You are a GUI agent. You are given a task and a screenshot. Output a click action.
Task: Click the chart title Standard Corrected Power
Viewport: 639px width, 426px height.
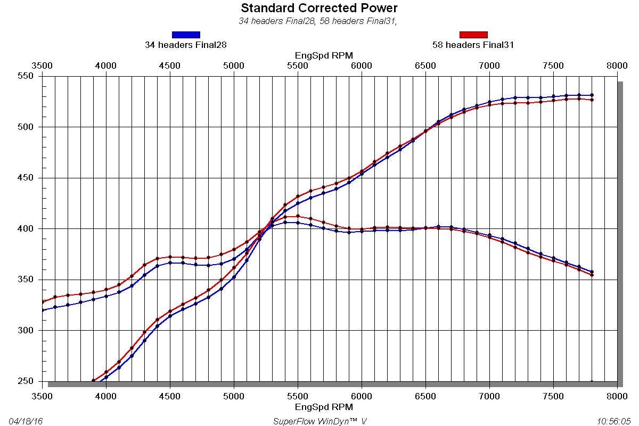pyautogui.click(x=319, y=8)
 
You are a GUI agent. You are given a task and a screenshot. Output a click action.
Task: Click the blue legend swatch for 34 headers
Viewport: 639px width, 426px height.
pyautogui.click(x=186, y=35)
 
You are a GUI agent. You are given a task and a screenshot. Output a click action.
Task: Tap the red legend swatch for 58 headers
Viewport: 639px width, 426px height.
pyautogui.click(x=473, y=35)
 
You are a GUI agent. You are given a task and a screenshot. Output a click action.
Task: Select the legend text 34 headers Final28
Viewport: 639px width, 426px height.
pyautogui.click(x=186, y=45)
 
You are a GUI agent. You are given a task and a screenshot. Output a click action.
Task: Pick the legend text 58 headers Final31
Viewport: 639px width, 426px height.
pyautogui.click(x=473, y=45)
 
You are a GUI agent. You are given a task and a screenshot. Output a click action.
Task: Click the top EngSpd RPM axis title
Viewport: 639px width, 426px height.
pyautogui.click(x=324, y=55)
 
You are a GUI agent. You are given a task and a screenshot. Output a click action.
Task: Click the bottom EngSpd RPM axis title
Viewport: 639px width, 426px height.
pyautogui.click(x=324, y=407)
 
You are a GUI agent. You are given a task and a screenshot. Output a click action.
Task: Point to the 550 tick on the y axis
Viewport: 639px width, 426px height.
pyautogui.click(x=27, y=76)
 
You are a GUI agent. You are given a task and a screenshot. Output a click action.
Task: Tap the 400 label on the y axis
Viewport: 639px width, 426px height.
pyautogui.click(x=27, y=229)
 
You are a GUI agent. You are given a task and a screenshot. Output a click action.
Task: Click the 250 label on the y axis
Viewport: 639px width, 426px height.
pyautogui.click(x=27, y=381)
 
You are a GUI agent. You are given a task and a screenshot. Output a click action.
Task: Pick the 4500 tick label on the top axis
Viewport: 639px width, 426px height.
pyautogui.click(x=170, y=65)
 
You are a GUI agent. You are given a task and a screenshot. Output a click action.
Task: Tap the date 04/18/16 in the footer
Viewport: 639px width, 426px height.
pyautogui.click(x=26, y=421)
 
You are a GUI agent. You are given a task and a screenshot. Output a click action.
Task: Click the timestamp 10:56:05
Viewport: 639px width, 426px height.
pyautogui.click(x=614, y=421)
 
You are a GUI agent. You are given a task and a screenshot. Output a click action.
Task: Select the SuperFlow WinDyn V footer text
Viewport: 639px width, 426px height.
pyautogui.click(x=319, y=421)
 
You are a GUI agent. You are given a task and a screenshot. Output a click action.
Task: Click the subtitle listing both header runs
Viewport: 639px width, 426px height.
pyautogui.click(x=319, y=21)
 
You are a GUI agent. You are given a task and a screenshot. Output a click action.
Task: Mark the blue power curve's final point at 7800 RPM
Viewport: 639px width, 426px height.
pyautogui.click(x=592, y=95)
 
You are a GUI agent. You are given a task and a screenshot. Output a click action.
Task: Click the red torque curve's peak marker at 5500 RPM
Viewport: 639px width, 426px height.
pyautogui.click(x=298, y=216)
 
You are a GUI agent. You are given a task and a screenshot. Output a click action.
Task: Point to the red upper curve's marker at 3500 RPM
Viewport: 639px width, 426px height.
pyautogui.click(x=43, y=302)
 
